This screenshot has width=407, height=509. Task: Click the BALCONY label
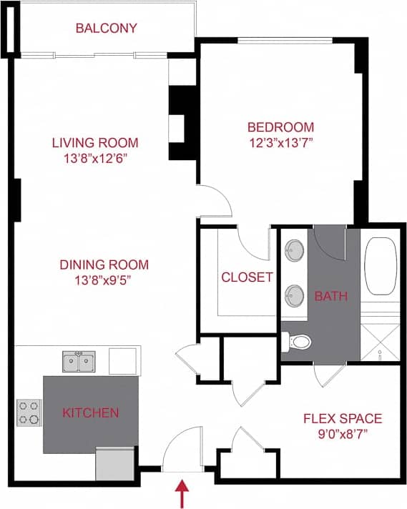click(x=106, y=29)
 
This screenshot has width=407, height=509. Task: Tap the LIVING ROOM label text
click(x=95, y=142)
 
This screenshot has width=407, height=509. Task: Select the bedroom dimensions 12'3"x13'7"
click(x=280, y=142)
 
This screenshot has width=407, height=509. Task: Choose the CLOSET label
click(x=247, y=277)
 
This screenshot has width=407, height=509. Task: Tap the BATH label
click(x=330, y=295)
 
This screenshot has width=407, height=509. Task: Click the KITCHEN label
click(x=90, y=412)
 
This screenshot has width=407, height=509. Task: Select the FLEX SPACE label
click(x=343, y=418)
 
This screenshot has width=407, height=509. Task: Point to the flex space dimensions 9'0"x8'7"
click(x=343, y=434)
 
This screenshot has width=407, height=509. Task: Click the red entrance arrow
click(x=182, y=494)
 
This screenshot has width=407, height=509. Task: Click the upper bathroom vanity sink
click(x=293, y=251)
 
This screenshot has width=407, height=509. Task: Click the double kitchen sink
click(x=79, y=362)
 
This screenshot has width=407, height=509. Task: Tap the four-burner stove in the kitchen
click(x=29, y=412)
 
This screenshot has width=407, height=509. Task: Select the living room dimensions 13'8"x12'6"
click(x=95, y=158)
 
